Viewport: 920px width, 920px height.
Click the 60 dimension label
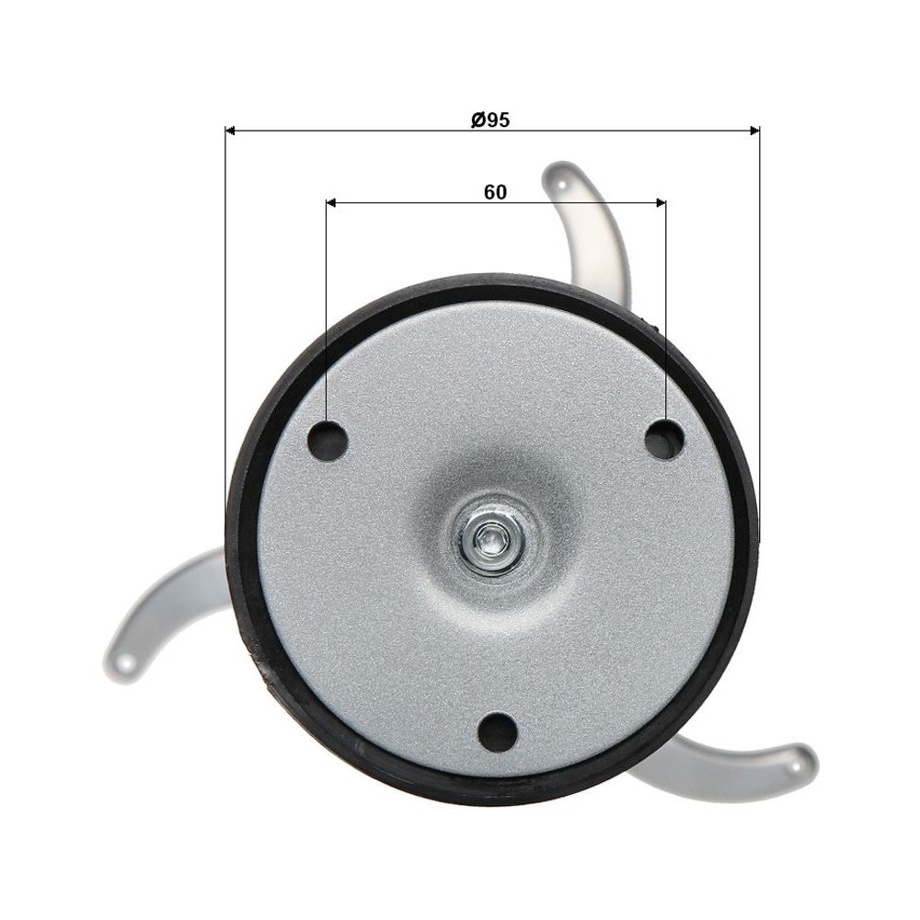click(x=495, y=192)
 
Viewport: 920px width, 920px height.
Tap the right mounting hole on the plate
click(x=664, y=439)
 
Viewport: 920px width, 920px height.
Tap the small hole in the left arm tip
click(x=127, y=659)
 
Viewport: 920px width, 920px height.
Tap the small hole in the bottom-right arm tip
click(x=794, y=760)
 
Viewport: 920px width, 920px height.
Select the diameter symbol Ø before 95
click(x=477, y=120)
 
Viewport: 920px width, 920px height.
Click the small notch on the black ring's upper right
click(x=655, y=324)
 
